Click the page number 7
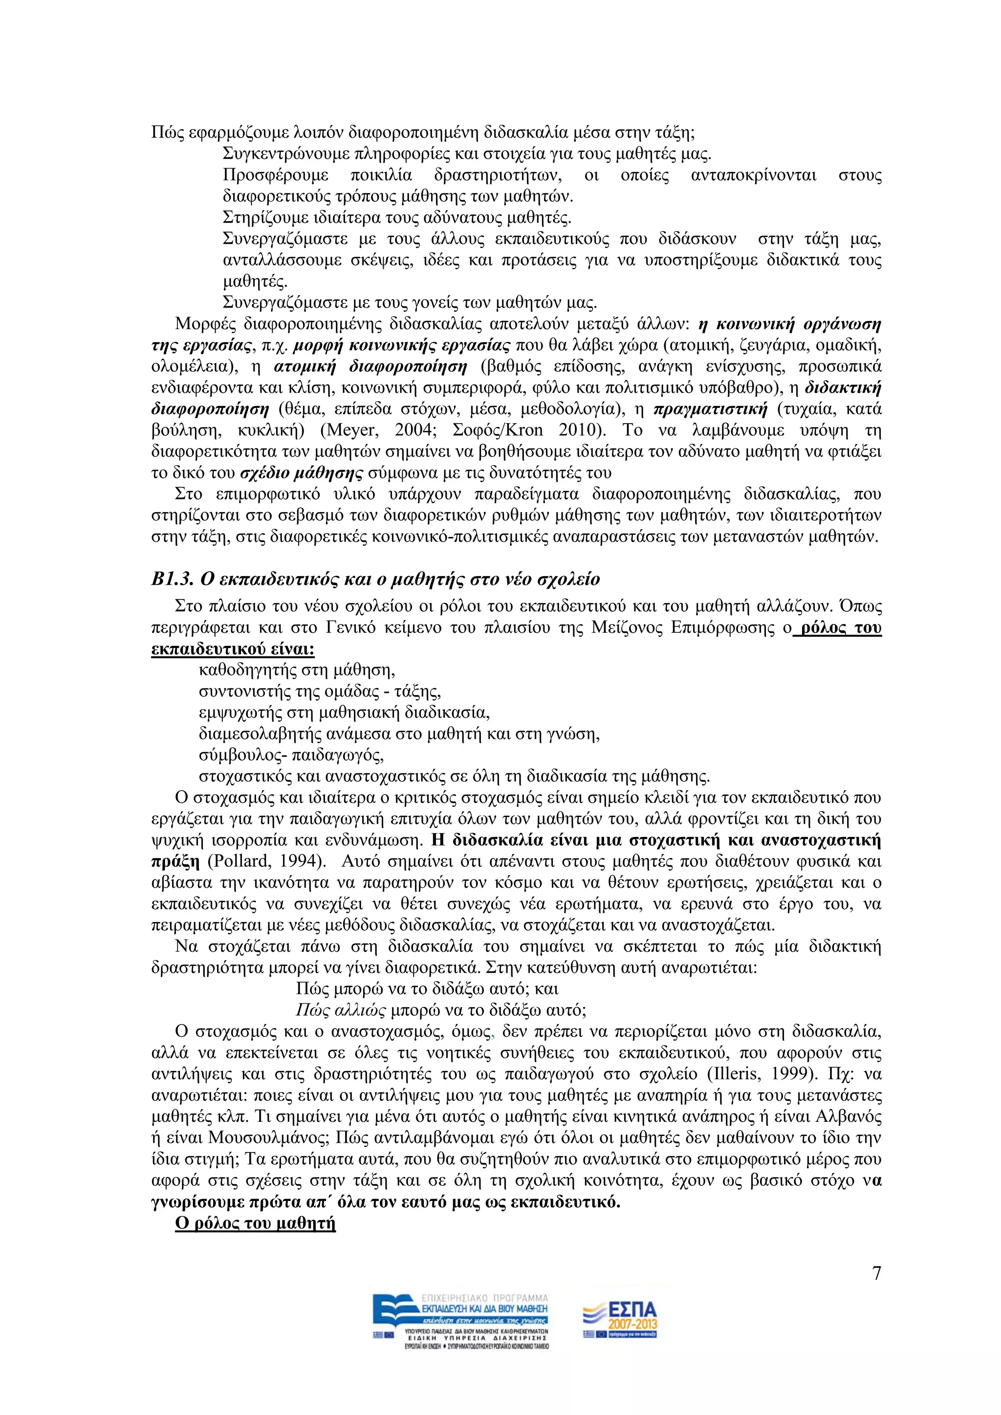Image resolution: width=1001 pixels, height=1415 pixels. [x=876, y=1273]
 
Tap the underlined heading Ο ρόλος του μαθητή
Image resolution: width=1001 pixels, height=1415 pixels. [x=255, y=1223]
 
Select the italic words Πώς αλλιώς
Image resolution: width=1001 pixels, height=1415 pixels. [x=341, y=1010]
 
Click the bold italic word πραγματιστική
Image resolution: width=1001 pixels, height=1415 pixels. [x=710, y=408]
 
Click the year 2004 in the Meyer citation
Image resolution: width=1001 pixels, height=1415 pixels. [x=416, y=429]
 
